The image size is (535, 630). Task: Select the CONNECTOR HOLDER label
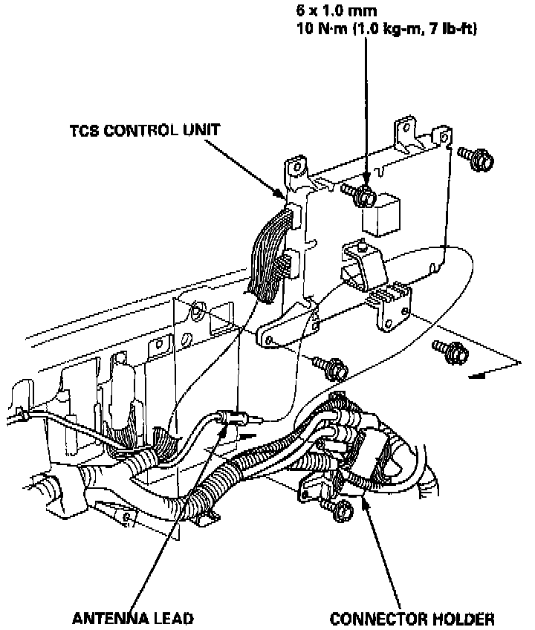coord(412,618)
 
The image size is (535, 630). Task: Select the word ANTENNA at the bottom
coord(100,618)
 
